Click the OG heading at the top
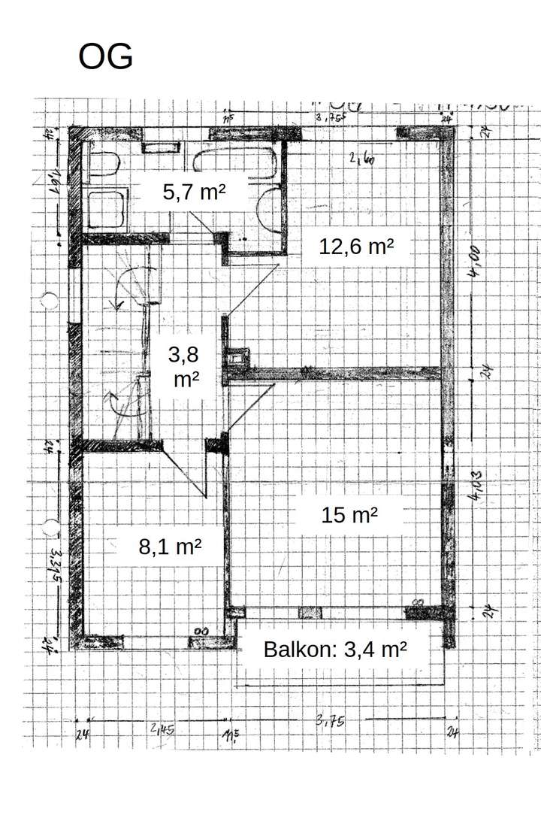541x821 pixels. point(105,57)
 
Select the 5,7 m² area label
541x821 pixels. point(194,192)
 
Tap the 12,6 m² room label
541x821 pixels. point(356,246)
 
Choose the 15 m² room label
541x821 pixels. point(349,515)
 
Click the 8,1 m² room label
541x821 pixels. point(170,547)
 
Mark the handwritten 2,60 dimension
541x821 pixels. point(361,158)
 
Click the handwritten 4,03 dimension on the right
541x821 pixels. point(477,485)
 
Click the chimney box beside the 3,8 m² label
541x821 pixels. point(238,356)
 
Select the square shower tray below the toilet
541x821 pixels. point(107,208)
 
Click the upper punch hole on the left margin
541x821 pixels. point(50,301)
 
